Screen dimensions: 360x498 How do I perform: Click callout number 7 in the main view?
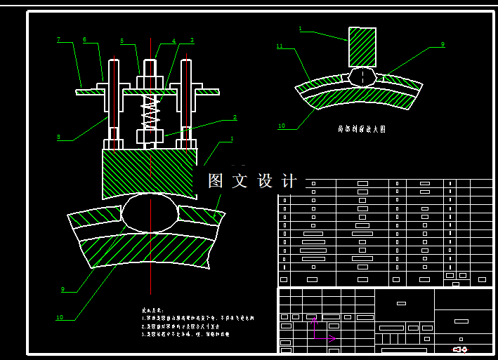[59, 39]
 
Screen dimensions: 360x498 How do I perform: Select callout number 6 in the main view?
[85, 39]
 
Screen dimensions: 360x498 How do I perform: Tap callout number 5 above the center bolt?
[122, 41]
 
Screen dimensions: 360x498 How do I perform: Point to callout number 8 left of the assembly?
[59, 137]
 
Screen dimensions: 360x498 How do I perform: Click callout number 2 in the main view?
[235, 117]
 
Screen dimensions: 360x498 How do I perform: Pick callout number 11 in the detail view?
[280, 46]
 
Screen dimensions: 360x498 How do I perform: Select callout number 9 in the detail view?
[443, 44]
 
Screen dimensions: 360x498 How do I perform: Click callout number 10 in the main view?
[60, 317]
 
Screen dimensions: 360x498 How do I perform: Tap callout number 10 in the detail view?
[282, 126]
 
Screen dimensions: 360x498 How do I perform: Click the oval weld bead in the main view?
[150, 213]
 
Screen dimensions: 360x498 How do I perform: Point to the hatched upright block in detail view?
[362, 46]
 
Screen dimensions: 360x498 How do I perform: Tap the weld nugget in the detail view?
[362, 76]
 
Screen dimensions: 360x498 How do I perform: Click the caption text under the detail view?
[361, 129]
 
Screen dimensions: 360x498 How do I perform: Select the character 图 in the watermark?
[215, 180]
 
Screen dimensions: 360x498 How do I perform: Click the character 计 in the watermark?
[289, 180]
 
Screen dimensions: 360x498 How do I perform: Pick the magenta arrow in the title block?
[325, 338]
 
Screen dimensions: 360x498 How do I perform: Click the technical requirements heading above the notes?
[152, 309]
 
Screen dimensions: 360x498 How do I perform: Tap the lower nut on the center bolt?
[150, 135]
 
